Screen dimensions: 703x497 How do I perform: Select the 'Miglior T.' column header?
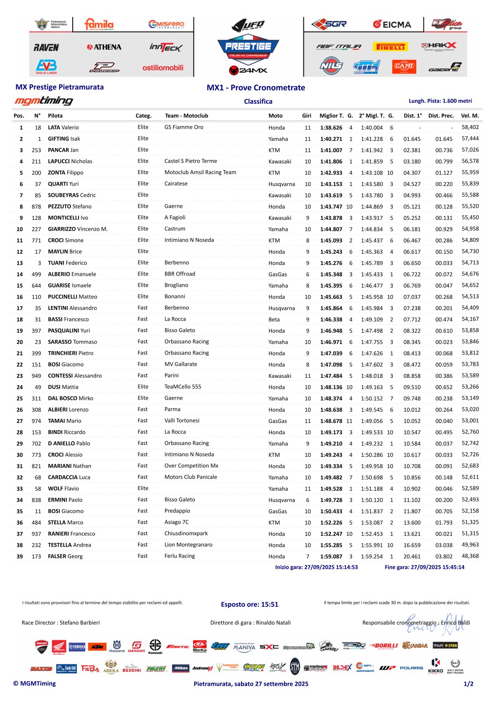tap(332, 116)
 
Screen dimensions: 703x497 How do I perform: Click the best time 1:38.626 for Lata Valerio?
tap(331, 128)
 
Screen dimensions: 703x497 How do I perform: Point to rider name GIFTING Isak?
tap(64, 139)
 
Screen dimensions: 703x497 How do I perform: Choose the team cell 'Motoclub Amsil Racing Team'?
tap(200, 172)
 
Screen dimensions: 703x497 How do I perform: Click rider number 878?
tap(36, 206)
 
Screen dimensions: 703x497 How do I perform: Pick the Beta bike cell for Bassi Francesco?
tap(274, 319)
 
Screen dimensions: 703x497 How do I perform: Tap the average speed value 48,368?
tap(470, 556)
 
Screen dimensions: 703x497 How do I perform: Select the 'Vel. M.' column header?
tap(470, 116)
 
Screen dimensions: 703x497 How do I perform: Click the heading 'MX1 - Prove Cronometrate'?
tap(256, 88)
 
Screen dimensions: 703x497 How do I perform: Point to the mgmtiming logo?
tap(44, 101)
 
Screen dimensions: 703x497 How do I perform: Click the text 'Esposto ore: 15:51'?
tap(249, 604)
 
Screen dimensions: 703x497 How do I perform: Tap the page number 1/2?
tap(468, 684)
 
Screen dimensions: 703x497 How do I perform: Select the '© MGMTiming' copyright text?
tap(34, 683)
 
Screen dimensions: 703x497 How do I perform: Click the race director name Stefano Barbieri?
tap(79, 623)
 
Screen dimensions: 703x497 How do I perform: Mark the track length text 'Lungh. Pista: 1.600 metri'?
tap(440, 101)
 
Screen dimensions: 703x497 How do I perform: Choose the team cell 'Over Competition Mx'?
tap(191, 466)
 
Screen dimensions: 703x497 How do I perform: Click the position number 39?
tap(20, 556)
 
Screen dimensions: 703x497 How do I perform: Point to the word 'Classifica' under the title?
tap(258, 102)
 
